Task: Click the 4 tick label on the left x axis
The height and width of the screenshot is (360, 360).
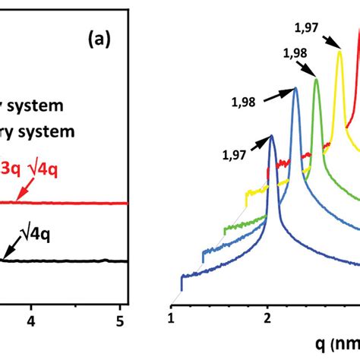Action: pyautogui.click(x=32, y=322)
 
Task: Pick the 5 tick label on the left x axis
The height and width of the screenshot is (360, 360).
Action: pyautogui.click(x=121, y=322)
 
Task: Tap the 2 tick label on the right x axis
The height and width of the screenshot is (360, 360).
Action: pyautogui.click(x=267, y=316)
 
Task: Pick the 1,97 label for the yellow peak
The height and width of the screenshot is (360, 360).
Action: pyautogui.click(x=308, y=28)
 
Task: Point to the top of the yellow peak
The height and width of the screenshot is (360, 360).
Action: pyautogui.click(x=339, y=50)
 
